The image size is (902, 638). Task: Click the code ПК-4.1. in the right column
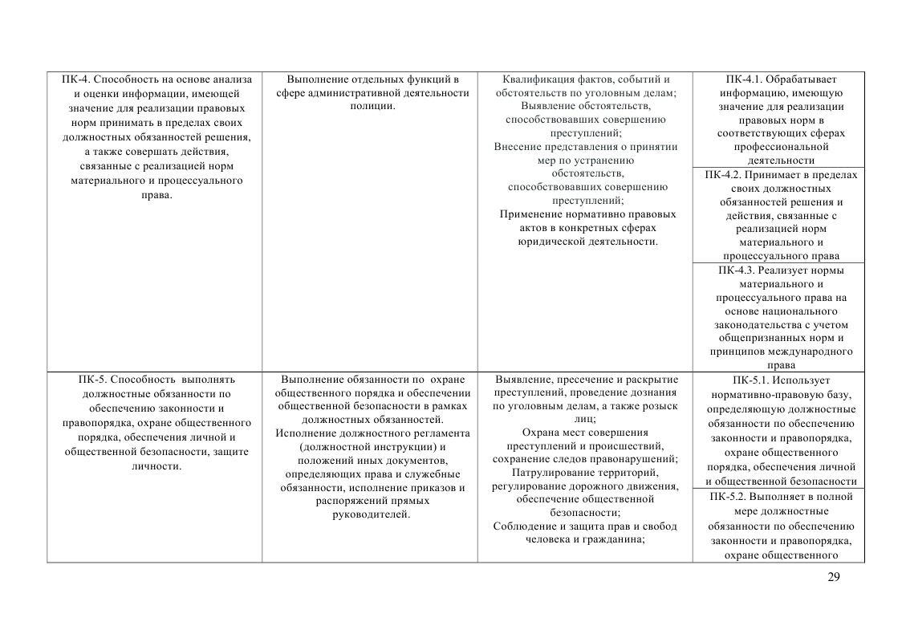(743, 79)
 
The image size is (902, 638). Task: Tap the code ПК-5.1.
(750, 380)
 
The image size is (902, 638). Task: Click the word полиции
(372, 107)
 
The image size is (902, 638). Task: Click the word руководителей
(372, 514)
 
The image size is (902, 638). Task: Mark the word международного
(813, 352)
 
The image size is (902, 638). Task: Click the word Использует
(805, 380)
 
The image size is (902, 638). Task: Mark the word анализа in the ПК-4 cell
(232, 79)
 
